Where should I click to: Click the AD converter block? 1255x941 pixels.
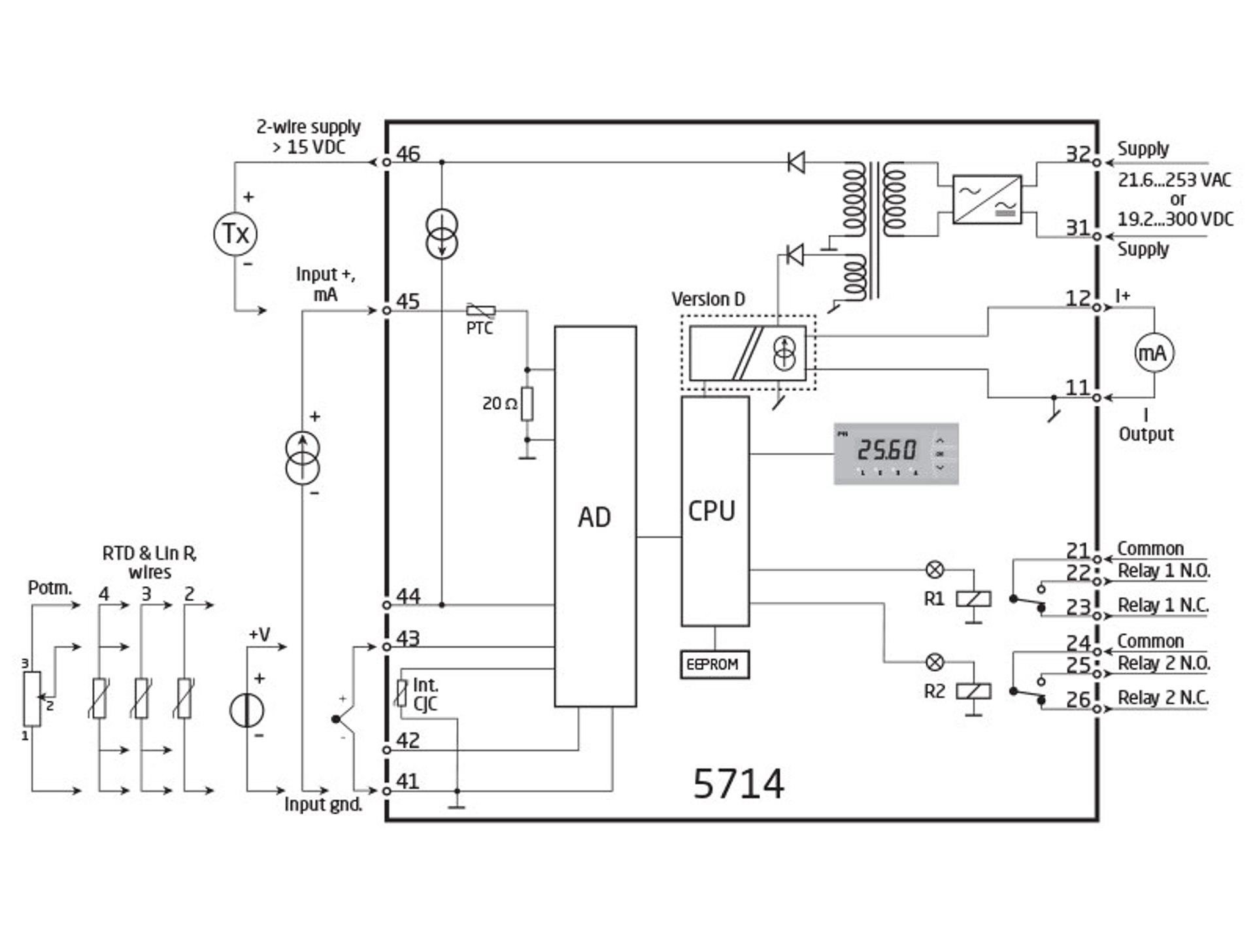click(595, 516)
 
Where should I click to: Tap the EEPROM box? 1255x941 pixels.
click(714, 665)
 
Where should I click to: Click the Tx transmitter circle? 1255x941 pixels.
click(235, 234)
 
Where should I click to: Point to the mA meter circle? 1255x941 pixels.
click(1154, 353)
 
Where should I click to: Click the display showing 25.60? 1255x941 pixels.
click(895, 454)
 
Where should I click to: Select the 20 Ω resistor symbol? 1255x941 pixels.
click(527, 404)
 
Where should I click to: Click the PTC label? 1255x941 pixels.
click(479, 329)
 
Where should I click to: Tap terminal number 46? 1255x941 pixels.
click(408, 154)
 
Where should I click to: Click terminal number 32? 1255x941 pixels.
click(1078, 154)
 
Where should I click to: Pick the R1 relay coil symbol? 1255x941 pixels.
click(973, 599)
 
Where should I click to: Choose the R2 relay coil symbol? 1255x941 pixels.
click(973, 691)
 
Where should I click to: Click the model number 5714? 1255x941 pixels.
click(738, 784)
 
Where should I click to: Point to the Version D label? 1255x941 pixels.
click(708, 299)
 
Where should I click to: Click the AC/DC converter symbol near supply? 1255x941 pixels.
click(987, 199)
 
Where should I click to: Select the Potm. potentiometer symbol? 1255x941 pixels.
click(32, 699)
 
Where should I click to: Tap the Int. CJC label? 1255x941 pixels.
click(425, 694)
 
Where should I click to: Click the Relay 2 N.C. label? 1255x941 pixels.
click(1163, 698)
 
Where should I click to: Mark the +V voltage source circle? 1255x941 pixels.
click(247, 712)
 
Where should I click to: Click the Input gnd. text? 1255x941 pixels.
click(323, 804)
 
